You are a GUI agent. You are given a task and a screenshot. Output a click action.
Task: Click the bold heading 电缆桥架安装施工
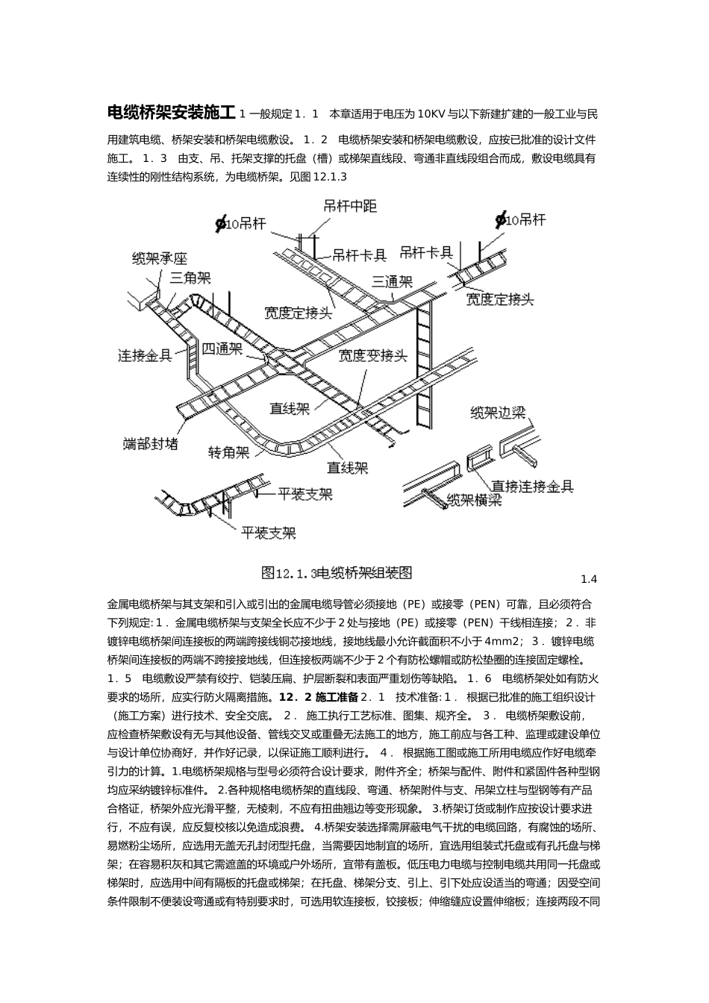click(x=172, y=113)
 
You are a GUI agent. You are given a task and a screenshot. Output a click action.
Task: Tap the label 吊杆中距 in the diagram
click(x=350, y=207)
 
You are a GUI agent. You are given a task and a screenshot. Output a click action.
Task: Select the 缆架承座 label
click(x=159, y=259)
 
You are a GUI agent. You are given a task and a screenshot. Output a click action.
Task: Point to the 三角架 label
click(x=190, y=278)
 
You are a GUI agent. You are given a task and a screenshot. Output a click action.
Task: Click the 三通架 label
click(x=392, y=281)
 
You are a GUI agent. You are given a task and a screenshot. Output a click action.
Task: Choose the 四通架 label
click(x=222, y=349)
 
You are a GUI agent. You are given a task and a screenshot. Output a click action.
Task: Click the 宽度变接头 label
click(x=372, y=355)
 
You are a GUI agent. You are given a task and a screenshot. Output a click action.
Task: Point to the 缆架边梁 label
click(x=498, y=412)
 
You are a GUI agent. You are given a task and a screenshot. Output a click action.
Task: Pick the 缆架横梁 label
click(x=473, y=501)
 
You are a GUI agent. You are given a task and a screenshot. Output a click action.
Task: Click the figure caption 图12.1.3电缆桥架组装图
click(x=337, y=572)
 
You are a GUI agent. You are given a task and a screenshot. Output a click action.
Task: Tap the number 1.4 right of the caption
click(x=589, y=579)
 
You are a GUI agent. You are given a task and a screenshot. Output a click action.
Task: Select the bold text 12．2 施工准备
click(x=318, y=698)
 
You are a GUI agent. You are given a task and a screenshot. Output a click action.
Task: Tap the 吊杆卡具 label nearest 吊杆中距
click(x=359, y=255)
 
